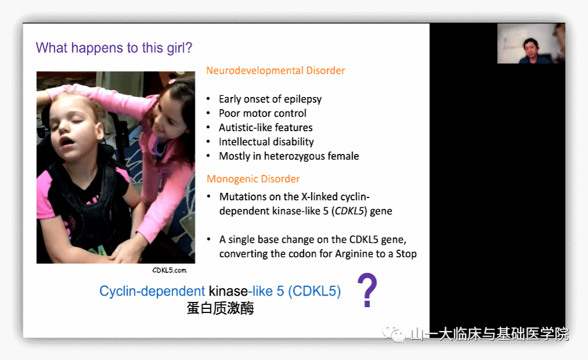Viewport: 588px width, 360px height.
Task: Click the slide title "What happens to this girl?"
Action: coord(114,48)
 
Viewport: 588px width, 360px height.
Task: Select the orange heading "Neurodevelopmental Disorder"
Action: coord(275,71)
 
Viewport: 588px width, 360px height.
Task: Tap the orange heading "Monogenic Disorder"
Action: coord(253,179)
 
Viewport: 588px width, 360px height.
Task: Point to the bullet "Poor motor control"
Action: coord(263,113)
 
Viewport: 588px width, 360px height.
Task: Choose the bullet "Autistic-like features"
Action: coord(266,127)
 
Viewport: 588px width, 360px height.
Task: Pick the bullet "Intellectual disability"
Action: coord(266,142)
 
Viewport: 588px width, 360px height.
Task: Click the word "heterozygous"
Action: coord(295,156)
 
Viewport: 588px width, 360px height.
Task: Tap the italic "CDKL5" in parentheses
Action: coord(350,211)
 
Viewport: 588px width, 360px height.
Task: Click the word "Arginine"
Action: coord(355,254)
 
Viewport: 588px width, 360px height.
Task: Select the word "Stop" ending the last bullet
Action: coord(406,254)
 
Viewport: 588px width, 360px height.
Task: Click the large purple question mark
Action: coord(367,290)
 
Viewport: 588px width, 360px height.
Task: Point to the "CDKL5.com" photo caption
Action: coord(169,270)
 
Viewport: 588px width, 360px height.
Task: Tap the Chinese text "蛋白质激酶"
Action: coord(221,308)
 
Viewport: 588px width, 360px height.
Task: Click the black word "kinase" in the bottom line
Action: coord(228,291)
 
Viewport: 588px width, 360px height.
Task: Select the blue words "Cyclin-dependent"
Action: coord(152,291)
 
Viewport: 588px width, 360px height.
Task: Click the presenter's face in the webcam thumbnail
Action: coord(530,48)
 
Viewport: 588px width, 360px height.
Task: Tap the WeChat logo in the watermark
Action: coord(394,333)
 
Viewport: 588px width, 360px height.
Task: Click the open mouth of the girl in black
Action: coord(67,142)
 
